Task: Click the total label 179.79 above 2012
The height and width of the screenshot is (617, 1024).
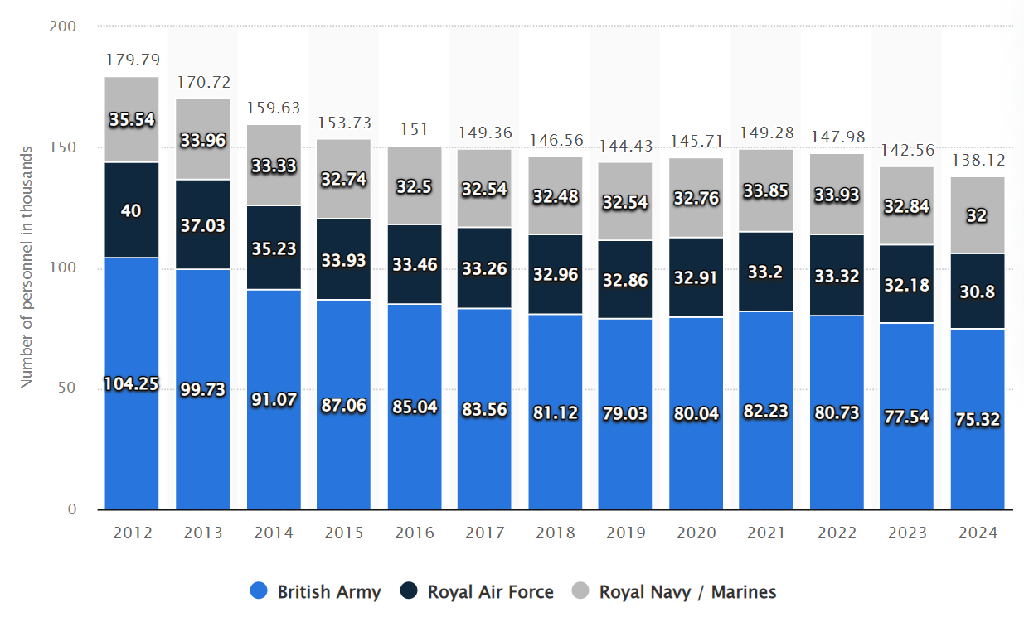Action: pos(132,60)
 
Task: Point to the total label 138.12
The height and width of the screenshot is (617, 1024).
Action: pos(978,161)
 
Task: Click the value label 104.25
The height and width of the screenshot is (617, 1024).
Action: pos(132,384)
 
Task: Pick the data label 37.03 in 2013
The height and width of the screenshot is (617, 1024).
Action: pos(203,225)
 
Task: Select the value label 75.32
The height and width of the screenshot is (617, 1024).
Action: pos(978,419)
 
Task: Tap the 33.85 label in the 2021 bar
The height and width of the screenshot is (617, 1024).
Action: pos(766,192)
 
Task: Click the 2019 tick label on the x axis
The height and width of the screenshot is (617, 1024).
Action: pos(626,533)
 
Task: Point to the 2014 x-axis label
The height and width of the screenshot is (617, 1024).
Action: pos(274,533)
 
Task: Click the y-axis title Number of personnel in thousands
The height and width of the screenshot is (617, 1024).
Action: pos(27,268)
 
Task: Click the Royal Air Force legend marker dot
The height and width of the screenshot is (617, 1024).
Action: pos(409,591)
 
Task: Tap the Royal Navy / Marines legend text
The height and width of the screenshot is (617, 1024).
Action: pos(687,592)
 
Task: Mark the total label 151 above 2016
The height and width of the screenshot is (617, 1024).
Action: pos(415,129)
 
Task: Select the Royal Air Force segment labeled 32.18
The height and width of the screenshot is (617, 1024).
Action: pos(907,285)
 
